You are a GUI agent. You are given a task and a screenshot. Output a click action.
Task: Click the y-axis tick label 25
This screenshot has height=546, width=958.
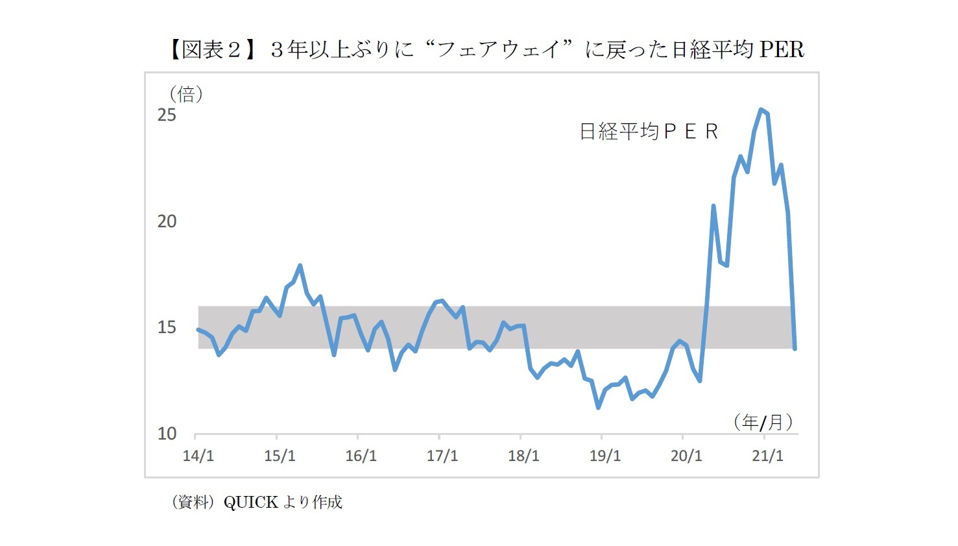click(167, 115)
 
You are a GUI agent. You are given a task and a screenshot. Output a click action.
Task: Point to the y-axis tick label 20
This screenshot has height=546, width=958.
click(167, 221)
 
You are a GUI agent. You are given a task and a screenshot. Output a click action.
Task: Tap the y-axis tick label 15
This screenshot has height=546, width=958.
click(167, 327)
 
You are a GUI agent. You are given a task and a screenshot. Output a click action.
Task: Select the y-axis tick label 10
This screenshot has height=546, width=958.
click(167, 434)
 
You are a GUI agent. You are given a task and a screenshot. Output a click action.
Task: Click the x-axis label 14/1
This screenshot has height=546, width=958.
click(198, 456)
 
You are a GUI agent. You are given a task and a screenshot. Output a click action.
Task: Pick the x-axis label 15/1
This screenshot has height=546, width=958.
click(280, 456)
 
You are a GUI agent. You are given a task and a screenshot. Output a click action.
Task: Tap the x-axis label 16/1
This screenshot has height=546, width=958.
click(361, 456)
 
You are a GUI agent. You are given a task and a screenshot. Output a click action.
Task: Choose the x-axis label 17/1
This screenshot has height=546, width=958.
click(442, 456)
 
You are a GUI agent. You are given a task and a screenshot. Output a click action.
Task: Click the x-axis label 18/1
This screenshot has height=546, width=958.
click(523, 456)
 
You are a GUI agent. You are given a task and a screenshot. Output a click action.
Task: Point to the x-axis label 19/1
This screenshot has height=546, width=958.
click(605, 456)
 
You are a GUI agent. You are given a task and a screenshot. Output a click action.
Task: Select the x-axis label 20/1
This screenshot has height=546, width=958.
click(686, 456)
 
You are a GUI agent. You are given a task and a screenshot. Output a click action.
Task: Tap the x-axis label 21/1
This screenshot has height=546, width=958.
click(767, 456)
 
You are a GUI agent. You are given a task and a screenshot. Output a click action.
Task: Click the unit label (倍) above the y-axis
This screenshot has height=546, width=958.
click(186, 95)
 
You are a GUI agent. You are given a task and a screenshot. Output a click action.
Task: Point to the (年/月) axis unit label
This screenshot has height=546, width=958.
click(763, 423)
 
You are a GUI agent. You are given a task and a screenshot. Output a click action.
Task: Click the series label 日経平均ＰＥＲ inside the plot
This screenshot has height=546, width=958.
click(649, 132)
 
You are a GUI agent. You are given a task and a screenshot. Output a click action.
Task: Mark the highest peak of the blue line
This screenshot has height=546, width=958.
click(761, 110)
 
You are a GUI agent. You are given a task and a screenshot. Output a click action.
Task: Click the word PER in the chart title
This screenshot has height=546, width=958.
click(782, 49)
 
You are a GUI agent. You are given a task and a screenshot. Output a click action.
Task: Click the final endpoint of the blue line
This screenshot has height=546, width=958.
click(795, 349)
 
